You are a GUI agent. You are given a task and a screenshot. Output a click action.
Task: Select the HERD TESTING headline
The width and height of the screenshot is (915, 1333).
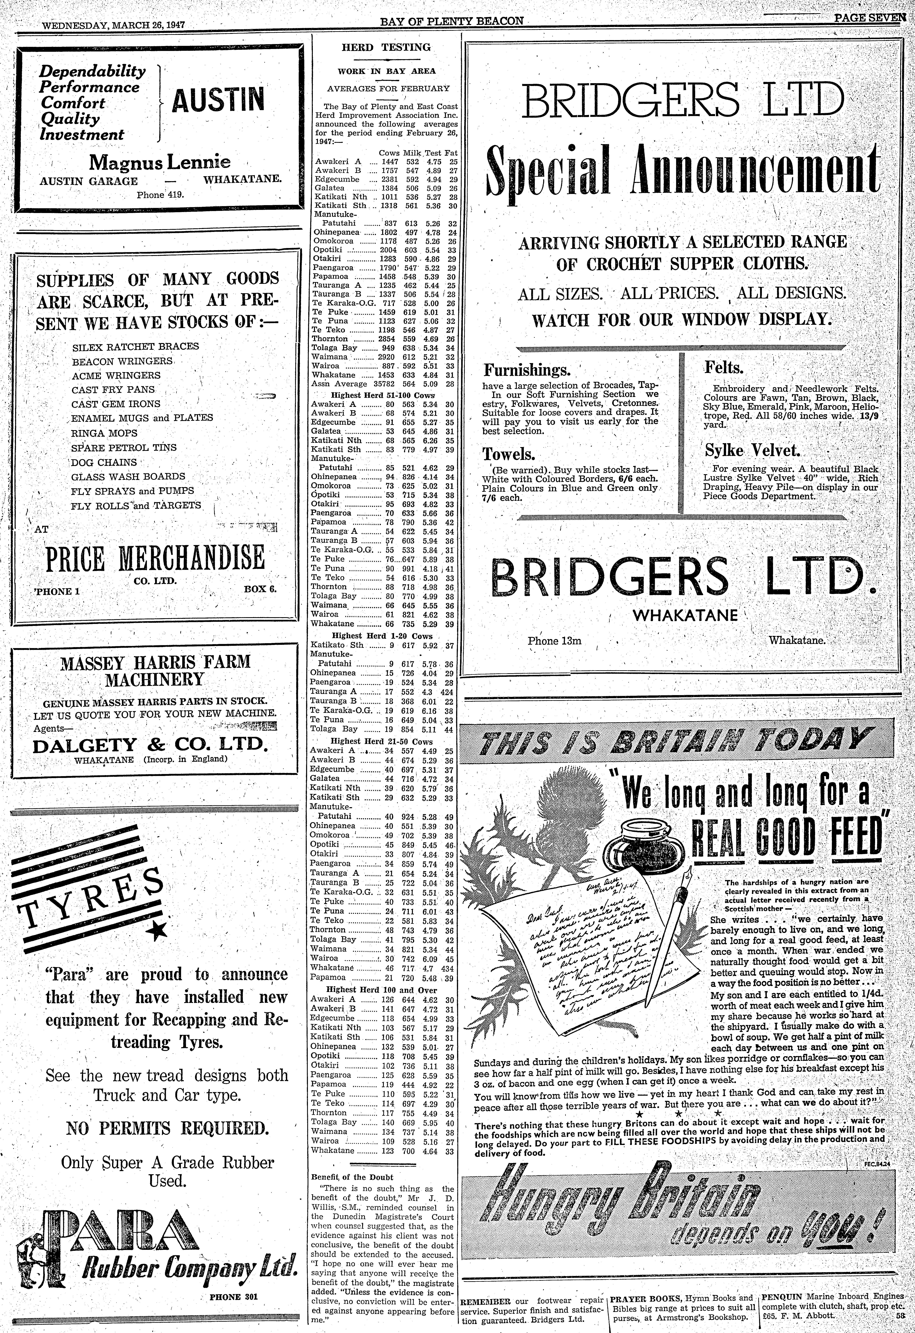386,48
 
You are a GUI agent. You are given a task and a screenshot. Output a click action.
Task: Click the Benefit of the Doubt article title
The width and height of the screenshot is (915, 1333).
352,1177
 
